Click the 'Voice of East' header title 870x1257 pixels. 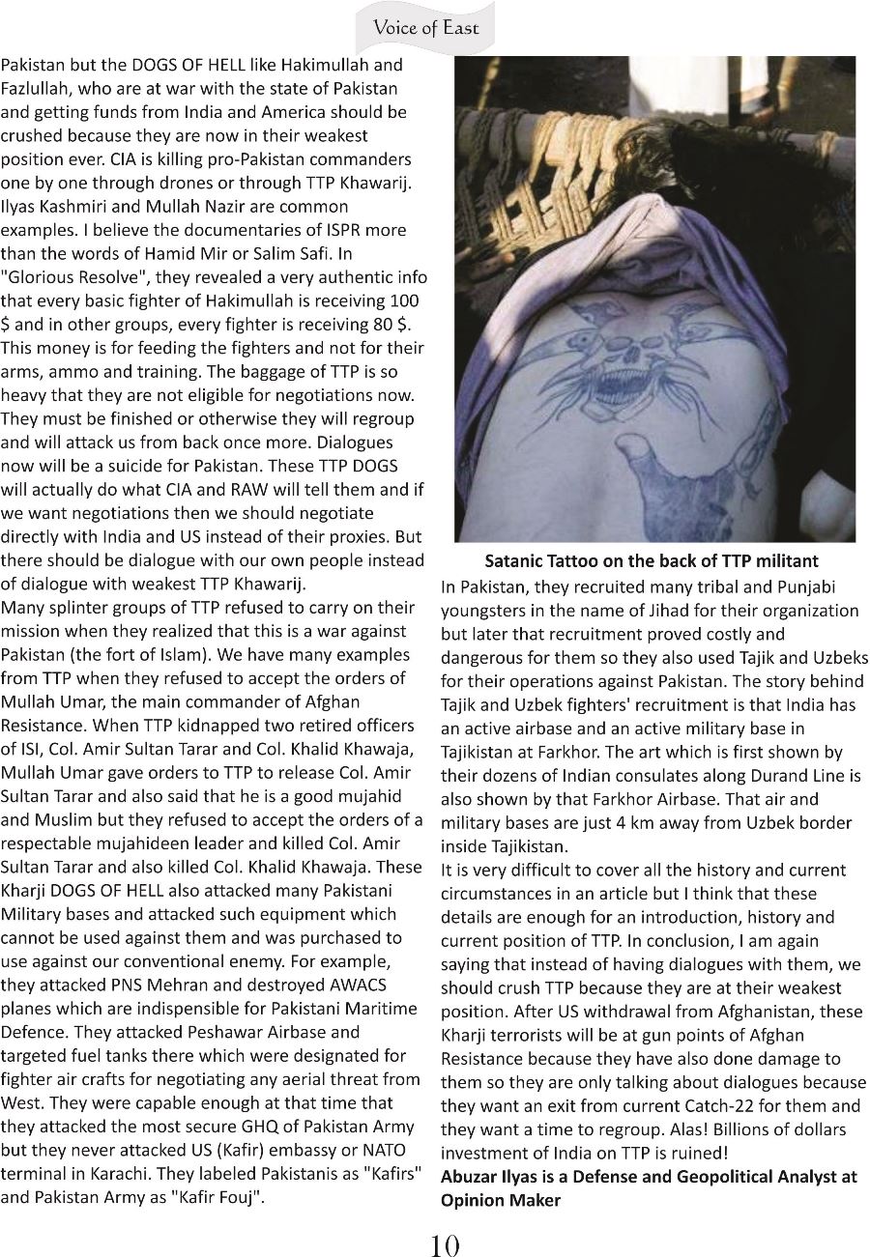click(426, 27)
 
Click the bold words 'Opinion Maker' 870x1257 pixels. click(500, 1200)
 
